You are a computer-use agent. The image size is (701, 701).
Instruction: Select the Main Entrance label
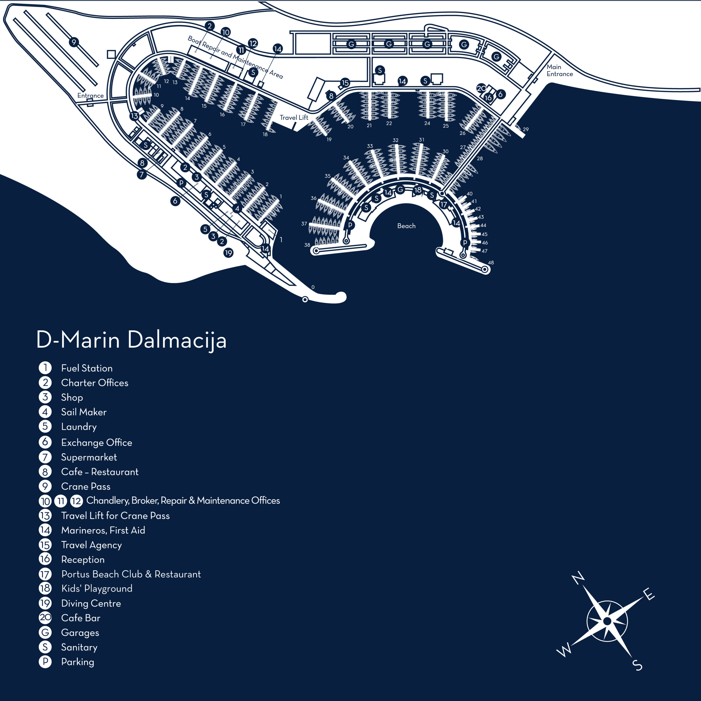(x=559, y=70)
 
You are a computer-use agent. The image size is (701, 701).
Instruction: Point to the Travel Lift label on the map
(x=294, y=117)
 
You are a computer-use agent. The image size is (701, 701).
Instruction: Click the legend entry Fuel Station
(x=87, y=368)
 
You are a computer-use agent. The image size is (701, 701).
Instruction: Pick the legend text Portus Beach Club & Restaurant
(x=131, y=574)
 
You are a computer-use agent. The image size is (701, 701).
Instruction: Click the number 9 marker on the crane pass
(x=74, y=42)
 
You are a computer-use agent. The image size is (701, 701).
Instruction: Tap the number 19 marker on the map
(x=228, y=253)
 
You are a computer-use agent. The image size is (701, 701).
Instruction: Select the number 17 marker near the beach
(x=443, y=205)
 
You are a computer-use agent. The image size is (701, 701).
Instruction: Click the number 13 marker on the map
(x=134, y=116)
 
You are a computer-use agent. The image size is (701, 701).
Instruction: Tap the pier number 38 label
(x=307, y=245)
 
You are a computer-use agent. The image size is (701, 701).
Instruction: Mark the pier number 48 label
(x=491, y=262)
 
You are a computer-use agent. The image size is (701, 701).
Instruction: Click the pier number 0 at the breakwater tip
(x=313, y=287)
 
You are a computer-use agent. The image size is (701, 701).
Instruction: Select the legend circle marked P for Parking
(x=45, y=662)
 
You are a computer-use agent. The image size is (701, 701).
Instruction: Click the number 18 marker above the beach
(x=418, y=190)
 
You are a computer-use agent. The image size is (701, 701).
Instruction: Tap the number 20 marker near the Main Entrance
(x=481, y=88)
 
